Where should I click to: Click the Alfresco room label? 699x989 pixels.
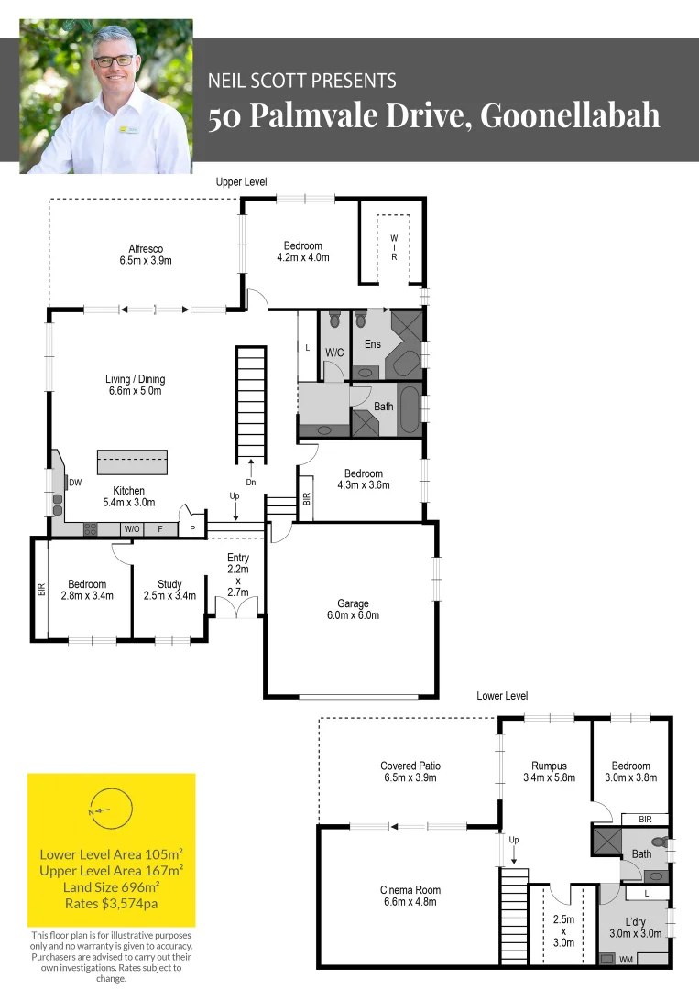point(146,255)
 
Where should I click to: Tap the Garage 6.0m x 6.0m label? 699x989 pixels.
point(353,609)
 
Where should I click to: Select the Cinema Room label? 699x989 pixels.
point(410,896)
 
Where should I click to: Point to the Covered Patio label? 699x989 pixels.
point(410,771)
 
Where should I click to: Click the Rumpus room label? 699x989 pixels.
point(549,771)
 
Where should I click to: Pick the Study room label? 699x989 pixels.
point(169,590)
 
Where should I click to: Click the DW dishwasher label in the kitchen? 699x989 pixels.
point(75,483)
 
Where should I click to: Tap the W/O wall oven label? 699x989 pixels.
point(132,528)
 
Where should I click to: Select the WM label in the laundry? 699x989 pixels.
point(626,960)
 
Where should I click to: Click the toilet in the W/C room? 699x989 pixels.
point(334,320)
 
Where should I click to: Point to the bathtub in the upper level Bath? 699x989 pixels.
point(410,409)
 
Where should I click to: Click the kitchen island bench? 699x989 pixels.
point(132,462)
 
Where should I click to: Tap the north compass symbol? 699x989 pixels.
point(111,810)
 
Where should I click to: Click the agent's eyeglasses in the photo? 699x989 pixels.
point(115,61)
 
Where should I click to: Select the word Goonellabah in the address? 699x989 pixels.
point(571,115)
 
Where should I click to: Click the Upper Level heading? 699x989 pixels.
point(241,181)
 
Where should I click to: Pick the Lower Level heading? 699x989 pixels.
point(502,696)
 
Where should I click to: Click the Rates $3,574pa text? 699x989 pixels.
point(111,903)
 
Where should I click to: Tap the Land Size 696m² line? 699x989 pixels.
point(111,886)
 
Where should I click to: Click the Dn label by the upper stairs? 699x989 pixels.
point(251,483)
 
